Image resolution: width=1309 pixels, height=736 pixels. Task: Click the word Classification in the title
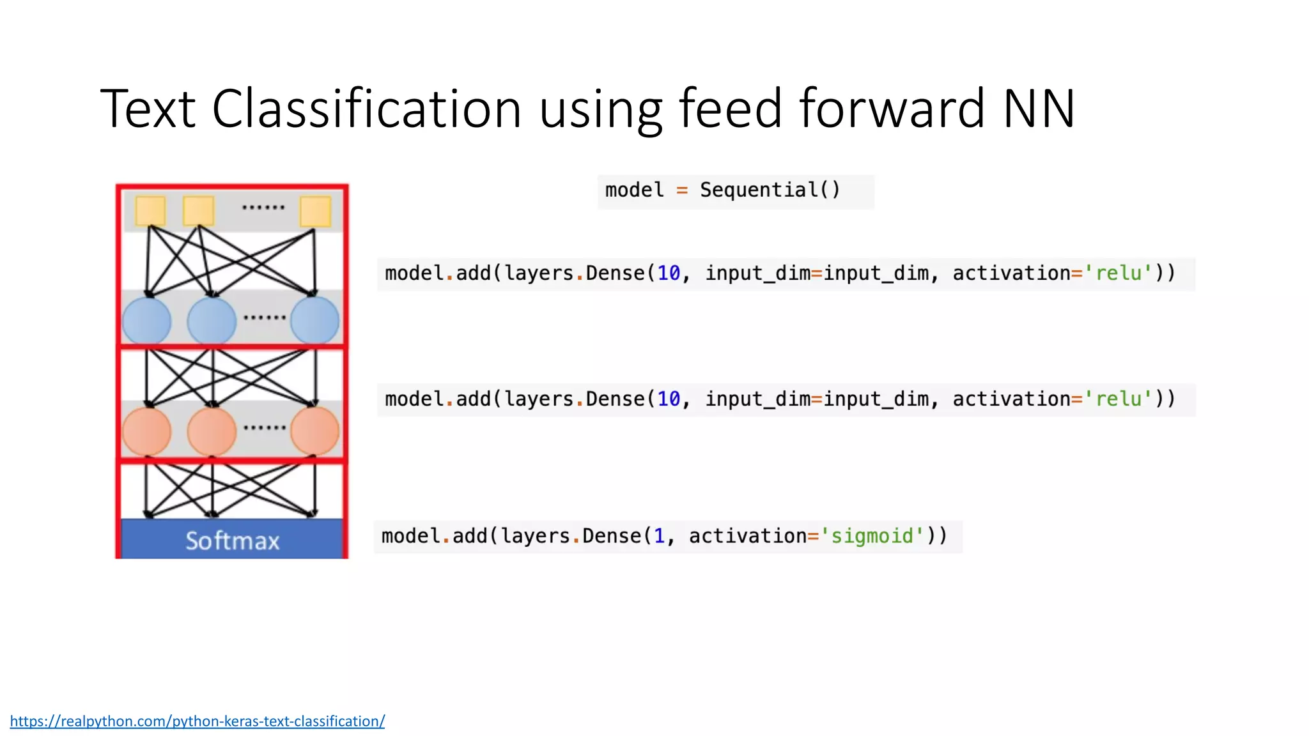(x=366, y=109)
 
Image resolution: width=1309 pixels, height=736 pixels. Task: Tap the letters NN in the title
(x=1039, y=109)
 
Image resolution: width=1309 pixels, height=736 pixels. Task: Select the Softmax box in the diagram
(x=232, y=540)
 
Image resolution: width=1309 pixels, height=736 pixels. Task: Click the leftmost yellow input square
(x=151, y=211)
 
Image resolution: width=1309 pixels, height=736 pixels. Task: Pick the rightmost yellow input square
(x=315, y=211)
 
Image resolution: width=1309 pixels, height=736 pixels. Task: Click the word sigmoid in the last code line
(x=872, y=535)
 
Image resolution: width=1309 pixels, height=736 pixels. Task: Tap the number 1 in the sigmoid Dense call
(x=659, y=535)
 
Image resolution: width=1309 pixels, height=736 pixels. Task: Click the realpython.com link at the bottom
(x=198, y=721)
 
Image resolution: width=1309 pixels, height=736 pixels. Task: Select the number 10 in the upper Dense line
(x=669, y=273)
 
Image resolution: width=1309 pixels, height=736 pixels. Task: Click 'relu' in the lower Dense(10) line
(x=1119, y=399)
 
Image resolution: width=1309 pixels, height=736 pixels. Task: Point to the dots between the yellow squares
(x=263, y=208)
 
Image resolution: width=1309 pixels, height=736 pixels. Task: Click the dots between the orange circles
(x=264, y=427)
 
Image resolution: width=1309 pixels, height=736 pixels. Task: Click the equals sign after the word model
(x=682, y=190)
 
